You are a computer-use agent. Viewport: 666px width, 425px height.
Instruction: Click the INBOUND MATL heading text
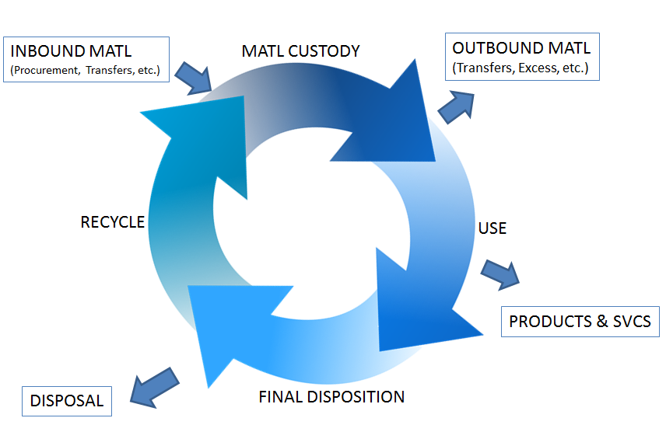pos(71,52)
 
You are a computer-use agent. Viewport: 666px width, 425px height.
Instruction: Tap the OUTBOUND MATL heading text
pos(521,48)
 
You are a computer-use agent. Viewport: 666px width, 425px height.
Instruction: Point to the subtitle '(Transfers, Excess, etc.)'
pos(521,68)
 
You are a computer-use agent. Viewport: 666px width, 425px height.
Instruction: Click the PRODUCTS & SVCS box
pos(580,321)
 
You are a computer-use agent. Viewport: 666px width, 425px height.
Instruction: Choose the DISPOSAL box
pos(67,401)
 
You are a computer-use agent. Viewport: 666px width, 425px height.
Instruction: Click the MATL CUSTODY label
pos(301,51)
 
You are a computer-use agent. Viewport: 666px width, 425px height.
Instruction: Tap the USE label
pos(492,228)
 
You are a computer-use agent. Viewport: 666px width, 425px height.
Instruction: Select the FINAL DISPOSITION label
pos(331,397)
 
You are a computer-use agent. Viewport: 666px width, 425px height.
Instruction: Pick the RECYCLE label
pos(113,222)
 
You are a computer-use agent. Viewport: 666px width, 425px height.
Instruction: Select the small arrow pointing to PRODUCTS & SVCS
pos(500,273)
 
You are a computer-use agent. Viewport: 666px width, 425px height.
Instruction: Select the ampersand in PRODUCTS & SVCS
pos(598,321)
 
